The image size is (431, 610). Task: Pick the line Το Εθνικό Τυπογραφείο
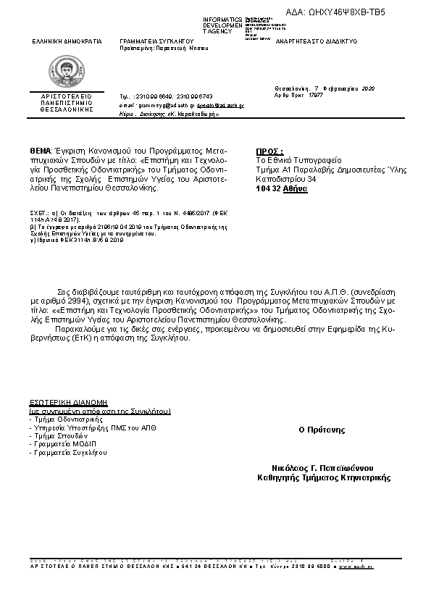pos(298,161)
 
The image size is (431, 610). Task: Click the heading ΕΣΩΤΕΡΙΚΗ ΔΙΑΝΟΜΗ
pos(67,401)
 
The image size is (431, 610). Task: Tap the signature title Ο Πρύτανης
pos(322,430)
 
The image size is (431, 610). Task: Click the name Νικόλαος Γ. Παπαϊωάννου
pos(322,468)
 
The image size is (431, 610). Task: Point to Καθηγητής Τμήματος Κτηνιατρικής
pos(324,477)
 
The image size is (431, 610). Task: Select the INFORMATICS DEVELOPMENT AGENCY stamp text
pos(222,25)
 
